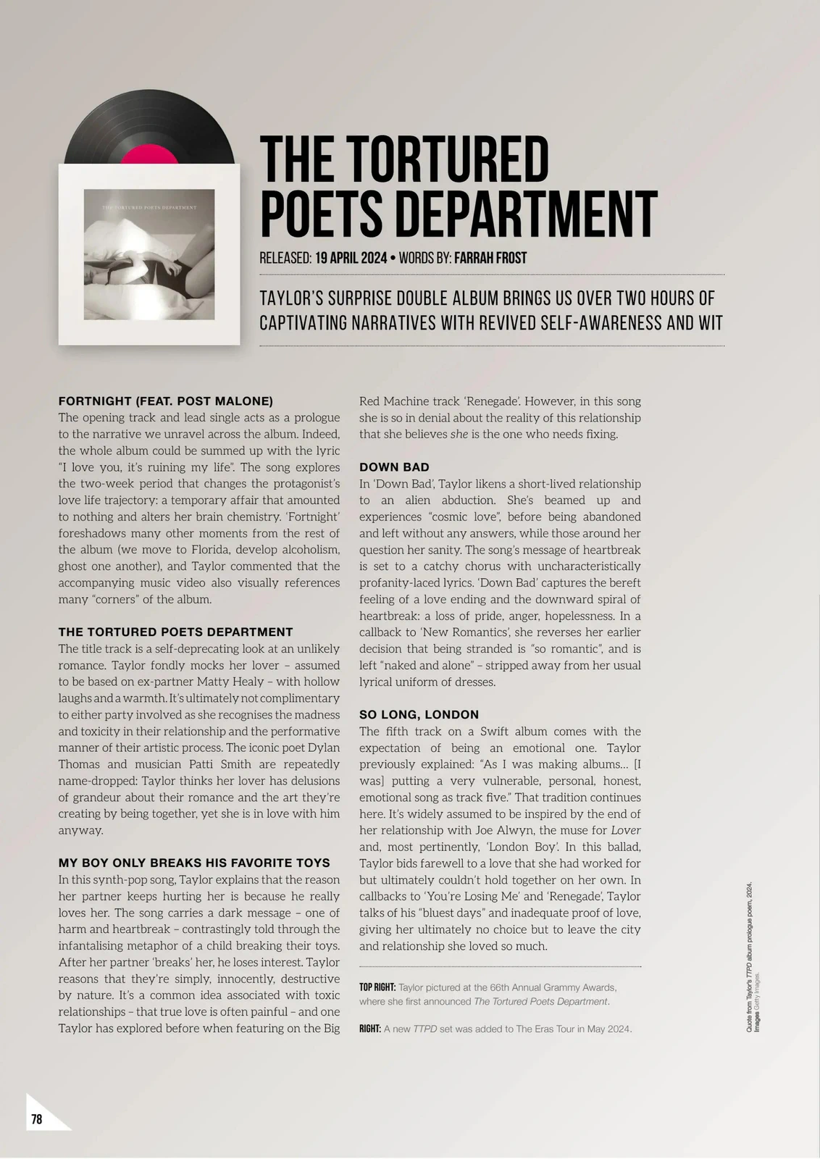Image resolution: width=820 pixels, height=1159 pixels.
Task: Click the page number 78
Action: coord(37,1119)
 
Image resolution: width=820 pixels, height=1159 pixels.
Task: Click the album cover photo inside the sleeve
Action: coord(149,254)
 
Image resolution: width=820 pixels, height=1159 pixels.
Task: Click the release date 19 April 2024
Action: coord(351,258)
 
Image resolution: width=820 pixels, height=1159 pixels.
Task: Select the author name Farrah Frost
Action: coord(490,258)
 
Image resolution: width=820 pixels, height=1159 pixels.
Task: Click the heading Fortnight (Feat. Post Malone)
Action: coord(166,401)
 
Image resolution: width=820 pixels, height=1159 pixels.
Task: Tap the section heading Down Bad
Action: coord(394,467)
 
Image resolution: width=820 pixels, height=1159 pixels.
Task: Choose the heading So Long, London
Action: coord(419,714)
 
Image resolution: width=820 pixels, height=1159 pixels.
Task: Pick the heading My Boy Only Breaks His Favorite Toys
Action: coord(194,863)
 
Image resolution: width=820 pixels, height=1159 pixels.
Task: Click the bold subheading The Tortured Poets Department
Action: coord(176,632)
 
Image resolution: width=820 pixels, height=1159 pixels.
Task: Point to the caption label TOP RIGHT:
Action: coord(377,987)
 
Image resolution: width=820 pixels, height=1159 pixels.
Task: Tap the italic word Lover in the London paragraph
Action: coord(626,830)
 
